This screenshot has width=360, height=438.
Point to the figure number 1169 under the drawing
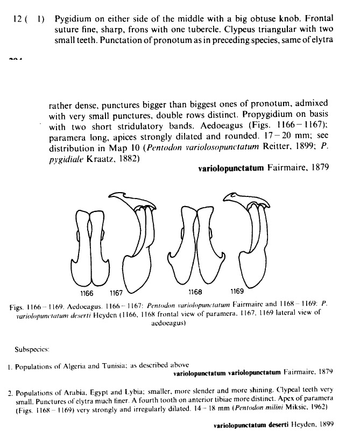click(237, 293)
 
